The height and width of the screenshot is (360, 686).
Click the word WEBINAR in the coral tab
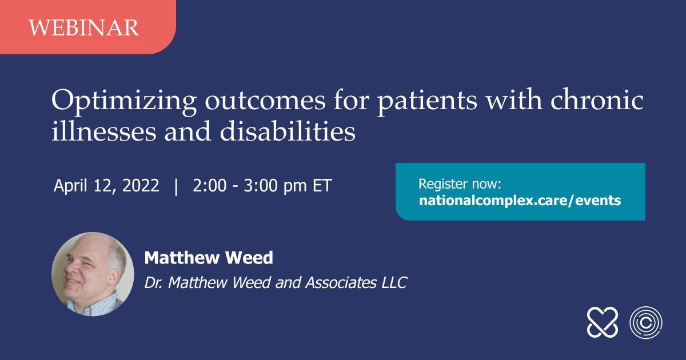84,28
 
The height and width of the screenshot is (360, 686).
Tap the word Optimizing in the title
124,102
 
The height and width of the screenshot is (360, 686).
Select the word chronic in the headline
597,99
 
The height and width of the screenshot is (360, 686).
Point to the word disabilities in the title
287,131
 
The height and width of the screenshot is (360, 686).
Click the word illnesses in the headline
104,131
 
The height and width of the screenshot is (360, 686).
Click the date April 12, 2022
106,186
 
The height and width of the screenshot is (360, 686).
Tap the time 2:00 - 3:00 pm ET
262,186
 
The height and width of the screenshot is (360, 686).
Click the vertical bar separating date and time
176,186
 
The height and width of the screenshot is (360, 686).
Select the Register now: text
460,184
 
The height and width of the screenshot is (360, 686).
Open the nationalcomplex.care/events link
520,201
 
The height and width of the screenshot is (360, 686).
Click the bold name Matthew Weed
209,258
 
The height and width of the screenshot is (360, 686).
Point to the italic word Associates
341,282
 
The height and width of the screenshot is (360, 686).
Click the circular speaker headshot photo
93,274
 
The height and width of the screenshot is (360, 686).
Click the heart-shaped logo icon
602,322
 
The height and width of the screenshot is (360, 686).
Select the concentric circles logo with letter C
646,323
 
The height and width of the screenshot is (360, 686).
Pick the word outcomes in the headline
265,101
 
